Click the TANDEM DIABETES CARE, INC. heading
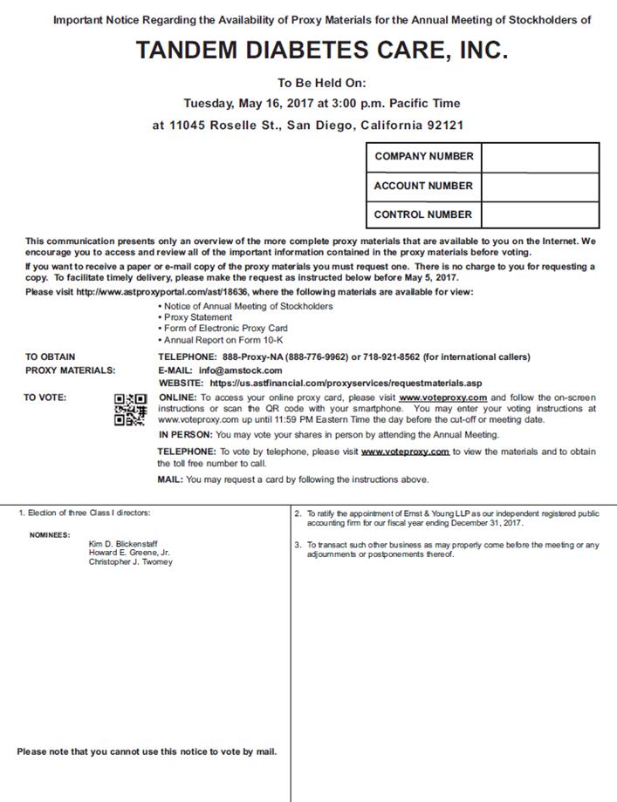321,51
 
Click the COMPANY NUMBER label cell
423,157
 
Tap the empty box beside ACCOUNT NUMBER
539,186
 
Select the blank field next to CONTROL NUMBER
539,214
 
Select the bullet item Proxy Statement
197,317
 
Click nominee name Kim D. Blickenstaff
123,543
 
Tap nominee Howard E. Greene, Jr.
129,553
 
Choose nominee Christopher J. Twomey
130,562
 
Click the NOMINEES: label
49,534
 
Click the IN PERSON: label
185,434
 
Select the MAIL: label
169,479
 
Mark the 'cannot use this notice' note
147,751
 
